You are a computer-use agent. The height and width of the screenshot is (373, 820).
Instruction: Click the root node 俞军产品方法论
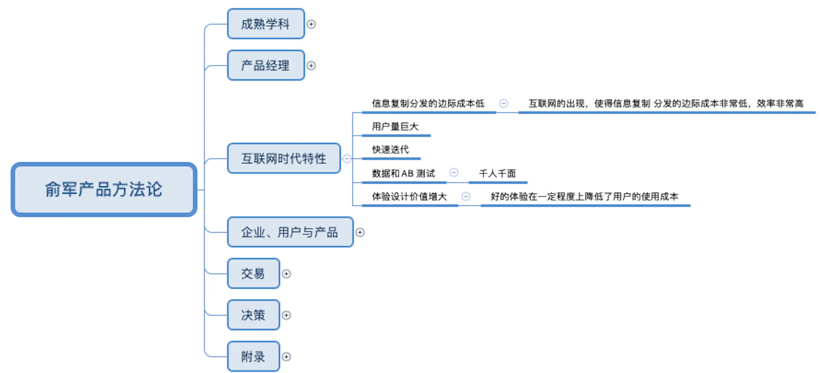(104, 189)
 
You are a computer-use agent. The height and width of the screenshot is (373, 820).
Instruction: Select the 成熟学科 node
(266, 24)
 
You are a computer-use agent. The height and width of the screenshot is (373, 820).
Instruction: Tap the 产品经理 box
(266, 66)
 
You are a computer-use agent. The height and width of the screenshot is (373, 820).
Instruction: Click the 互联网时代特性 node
(284, 158)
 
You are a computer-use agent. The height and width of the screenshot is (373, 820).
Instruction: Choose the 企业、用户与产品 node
(290, 232)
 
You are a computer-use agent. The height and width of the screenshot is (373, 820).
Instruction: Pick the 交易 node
(253, 273)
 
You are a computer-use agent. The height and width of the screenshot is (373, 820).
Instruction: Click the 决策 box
(253, 315)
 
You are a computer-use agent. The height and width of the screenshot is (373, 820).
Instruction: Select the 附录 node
(253, 356)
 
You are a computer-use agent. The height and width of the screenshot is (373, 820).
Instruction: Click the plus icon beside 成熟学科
(311, 24)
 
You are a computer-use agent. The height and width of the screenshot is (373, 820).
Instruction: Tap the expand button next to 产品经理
(311, 66)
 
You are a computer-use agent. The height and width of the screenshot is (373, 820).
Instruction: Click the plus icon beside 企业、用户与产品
(360, 232)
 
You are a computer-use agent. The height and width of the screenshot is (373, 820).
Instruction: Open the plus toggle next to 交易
(286, 274)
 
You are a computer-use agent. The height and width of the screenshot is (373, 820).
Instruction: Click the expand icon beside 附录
(286, 357)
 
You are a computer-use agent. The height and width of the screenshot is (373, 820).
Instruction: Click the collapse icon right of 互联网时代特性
(347, 158)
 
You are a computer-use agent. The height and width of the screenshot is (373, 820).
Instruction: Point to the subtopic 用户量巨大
(395, 127)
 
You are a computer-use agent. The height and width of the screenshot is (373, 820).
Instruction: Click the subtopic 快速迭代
(390, 150)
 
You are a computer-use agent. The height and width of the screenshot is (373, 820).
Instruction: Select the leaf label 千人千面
(497, 174)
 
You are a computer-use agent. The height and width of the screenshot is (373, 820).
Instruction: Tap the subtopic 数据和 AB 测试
(403, 174)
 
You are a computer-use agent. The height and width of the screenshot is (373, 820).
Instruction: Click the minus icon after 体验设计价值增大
(466, 197)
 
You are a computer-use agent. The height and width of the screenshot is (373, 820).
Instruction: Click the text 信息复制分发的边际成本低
(428, 103)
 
